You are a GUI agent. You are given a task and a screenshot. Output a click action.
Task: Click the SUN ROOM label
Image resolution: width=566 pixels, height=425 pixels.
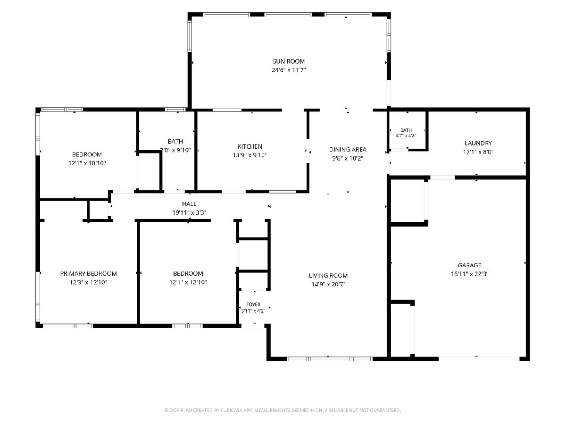(x=289, y=61)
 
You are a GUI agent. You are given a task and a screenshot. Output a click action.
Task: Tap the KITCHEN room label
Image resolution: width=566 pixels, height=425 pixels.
(x=250, y=146)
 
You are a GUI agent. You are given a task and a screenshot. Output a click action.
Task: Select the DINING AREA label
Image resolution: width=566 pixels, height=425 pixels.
(x=348, y=149)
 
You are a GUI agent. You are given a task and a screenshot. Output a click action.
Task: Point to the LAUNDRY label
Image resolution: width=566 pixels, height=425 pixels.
(x=478, y=143)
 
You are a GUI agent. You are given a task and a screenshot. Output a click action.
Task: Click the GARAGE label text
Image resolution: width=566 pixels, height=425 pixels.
(x=470, y=265)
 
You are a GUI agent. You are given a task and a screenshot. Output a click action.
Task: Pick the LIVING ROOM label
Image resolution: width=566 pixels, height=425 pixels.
(x=328, y=276)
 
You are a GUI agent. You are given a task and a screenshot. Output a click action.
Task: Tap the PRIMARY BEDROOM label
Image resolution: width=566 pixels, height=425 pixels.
(x=89, y=273)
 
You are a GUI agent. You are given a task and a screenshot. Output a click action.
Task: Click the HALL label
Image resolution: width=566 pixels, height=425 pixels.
(x=189, y=204)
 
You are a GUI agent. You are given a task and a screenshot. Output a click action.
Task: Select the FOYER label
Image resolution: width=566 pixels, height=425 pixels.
(x=253, y=305)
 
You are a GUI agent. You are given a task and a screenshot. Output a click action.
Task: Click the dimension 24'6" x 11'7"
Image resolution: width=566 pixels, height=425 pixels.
(x=289, y=70)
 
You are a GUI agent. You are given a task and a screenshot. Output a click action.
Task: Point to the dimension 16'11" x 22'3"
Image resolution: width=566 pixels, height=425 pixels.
(x=470, y=274)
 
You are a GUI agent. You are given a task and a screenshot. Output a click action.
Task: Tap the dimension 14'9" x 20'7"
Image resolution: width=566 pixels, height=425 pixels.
(x=328, y=284)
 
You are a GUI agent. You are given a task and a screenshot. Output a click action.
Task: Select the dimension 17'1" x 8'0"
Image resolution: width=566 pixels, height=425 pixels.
(x=478, y=152)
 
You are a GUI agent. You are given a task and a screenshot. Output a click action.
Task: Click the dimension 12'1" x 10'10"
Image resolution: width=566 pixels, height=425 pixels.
(x=87, y=163)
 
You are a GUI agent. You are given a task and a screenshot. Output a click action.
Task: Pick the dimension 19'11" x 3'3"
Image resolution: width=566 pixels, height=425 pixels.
(x=189, y=212)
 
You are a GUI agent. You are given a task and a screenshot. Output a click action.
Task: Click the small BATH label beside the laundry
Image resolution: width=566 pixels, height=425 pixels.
(x=406, y=130)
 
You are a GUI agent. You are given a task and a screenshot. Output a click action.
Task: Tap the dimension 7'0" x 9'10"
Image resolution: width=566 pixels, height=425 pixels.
(x=175, y=150)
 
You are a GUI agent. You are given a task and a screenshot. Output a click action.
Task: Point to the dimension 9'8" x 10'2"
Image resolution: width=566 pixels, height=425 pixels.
(x=348, y=158)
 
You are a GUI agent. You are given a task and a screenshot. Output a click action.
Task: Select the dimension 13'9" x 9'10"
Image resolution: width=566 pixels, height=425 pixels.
(x=250, y=155)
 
